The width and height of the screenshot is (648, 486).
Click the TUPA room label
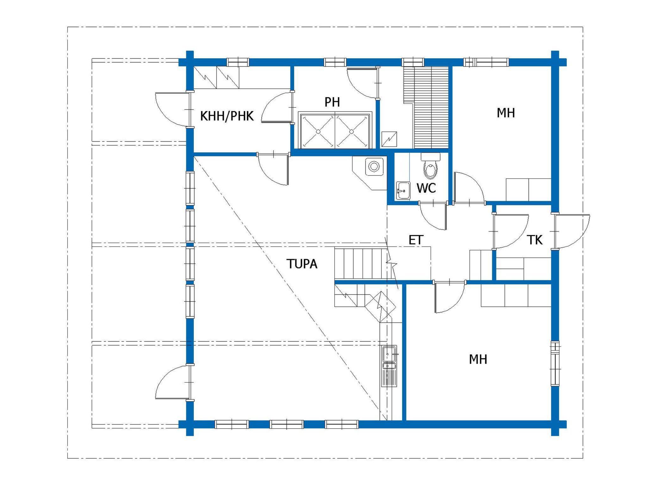(302, 264)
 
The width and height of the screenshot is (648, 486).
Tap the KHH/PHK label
(227, 116)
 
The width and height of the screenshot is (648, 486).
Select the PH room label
(332, 102)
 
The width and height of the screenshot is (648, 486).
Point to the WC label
(426, 188)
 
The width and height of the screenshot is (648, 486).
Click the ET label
(416, 240)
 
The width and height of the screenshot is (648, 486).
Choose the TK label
(535, 240)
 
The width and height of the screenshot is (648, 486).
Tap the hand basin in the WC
(403, 190)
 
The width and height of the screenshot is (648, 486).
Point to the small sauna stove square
(389, 139)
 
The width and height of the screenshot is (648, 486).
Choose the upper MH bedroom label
(506, 113)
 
